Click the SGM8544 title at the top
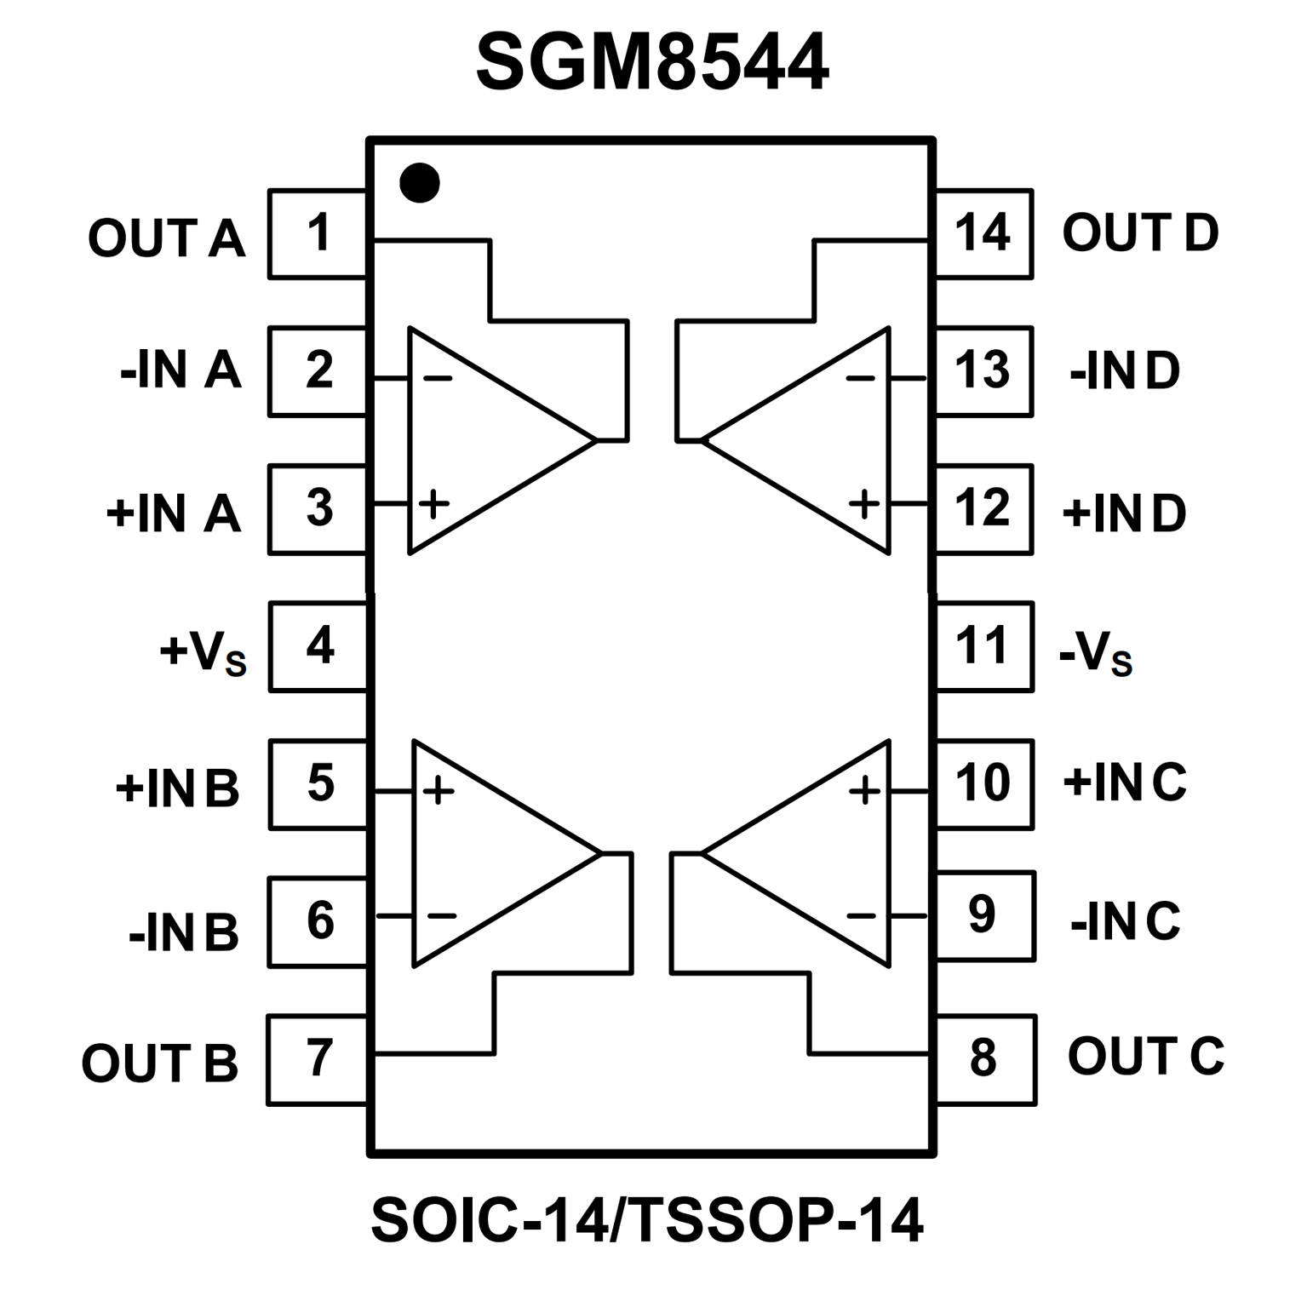point(651,63)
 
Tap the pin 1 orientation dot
point(420,182)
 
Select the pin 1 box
point(318,234)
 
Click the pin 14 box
point(983,234)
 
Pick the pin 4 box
point(318,646)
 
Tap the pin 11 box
point(984,646)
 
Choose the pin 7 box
point(318,1060)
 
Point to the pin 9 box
point(985,916)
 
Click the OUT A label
point(167,238)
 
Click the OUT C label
point(1145,1057)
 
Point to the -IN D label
point(1125,371)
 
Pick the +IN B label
point(177,788)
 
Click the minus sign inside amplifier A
point(438,377)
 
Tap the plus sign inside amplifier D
point(864,504)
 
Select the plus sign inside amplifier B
point(439,791)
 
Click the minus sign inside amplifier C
point(861,916)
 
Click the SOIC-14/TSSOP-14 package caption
point(647,1220)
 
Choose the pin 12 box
point(983,509)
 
